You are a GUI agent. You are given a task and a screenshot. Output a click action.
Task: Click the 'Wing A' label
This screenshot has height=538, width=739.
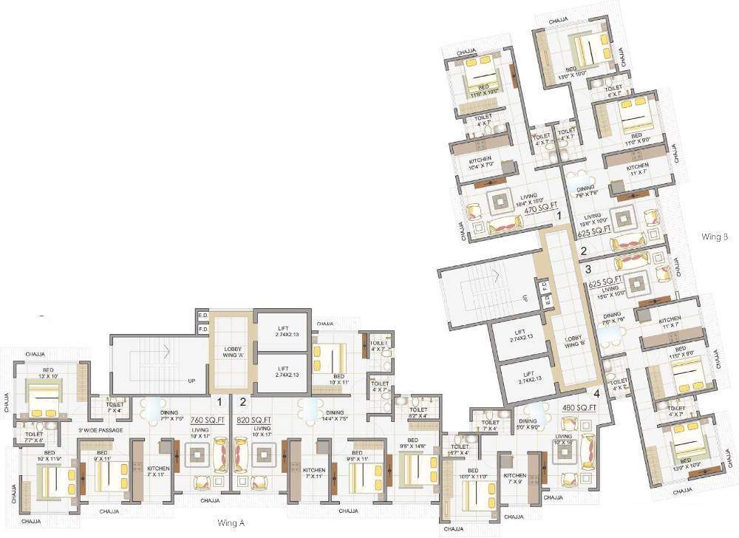pyautogui.click(x=231, y=523)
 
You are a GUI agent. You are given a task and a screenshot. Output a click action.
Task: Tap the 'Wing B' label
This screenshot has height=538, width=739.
pyautogui.click(x=716, y=237)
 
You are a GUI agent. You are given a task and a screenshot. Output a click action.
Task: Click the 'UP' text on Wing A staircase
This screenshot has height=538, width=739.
pyautogui.click(x=191, y=381)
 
